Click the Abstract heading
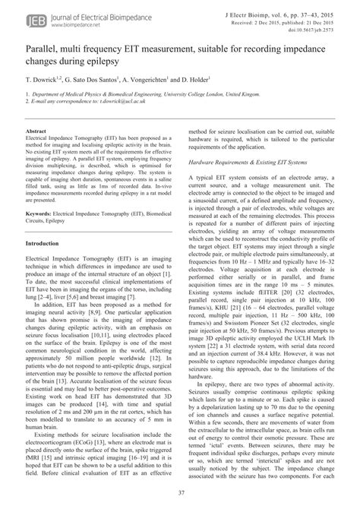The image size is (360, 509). point(38,133)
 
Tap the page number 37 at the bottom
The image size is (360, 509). point(179,494)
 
